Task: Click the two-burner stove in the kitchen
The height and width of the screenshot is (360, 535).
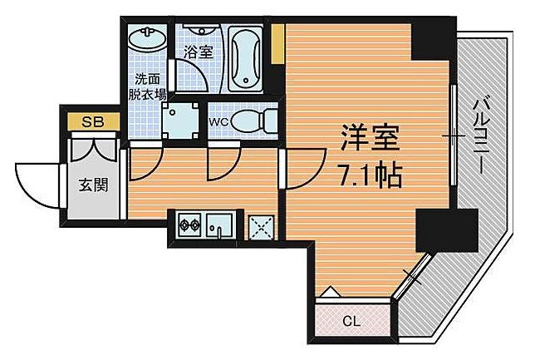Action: pos(189,224)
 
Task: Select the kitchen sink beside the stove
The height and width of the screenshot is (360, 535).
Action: pos(220,224)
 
